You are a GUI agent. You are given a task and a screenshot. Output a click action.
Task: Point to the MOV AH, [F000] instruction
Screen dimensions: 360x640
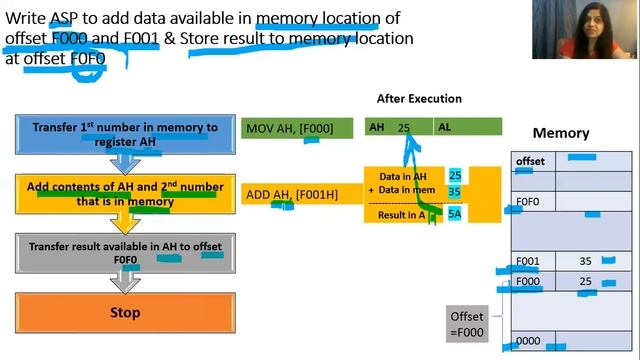(x=297, y=128)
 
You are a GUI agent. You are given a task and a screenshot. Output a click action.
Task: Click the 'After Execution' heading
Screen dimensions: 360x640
(x=419, y=99)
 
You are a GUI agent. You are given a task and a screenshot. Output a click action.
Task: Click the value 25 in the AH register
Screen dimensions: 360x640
(x=404, y=128)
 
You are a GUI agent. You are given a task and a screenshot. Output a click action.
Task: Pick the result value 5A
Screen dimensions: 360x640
(x=455, y=213)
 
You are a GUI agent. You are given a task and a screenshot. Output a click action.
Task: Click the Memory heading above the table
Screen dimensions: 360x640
(x=560, y=133)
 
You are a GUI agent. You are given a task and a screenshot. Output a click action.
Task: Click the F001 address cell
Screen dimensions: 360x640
(x=529, y=261)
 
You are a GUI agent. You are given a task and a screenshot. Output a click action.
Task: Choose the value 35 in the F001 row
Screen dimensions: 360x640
(x=585, y=261)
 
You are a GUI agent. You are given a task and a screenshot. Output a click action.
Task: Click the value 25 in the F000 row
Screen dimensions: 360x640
(x=585, y=282)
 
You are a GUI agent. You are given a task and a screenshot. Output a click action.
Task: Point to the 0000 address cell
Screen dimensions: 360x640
(x=529, y=341)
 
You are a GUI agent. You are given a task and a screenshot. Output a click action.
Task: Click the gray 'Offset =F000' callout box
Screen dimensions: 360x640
(x=468, y=325)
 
